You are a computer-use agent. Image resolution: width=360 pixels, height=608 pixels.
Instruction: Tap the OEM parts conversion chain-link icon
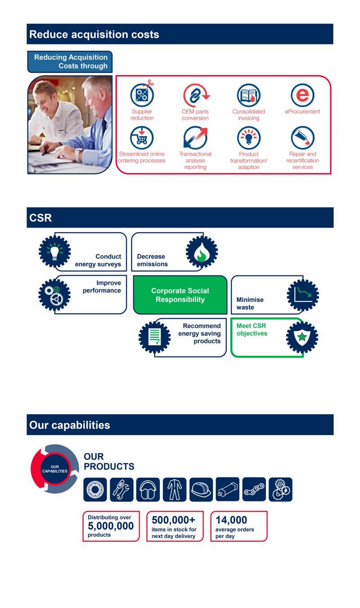click(195, 95)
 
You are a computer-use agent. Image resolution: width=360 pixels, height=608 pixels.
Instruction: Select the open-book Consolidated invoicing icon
click(248, 95)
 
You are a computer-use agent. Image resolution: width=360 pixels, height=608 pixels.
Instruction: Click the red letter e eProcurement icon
click(302, 95)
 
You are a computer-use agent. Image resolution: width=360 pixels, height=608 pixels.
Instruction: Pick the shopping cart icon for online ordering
click(142, 138)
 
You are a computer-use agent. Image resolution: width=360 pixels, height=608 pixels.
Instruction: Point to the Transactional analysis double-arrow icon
click(195, 138)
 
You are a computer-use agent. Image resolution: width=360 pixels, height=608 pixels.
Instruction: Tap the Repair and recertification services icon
click(303, 138)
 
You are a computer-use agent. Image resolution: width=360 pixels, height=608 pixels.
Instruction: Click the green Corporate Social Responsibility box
click(180, 295)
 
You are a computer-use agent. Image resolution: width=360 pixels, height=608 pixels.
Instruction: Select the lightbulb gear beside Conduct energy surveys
click(55, 252)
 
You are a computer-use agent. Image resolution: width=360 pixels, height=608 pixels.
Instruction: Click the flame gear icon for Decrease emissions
click(202, 252)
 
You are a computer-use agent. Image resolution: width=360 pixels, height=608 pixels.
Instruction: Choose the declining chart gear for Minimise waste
click(303, 295)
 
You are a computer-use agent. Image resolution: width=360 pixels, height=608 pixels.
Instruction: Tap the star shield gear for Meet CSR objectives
click(302, 337)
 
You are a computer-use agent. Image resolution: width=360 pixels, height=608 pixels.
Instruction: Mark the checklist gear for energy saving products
click(154, 337)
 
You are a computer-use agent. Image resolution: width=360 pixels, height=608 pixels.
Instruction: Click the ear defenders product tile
click(148, 489)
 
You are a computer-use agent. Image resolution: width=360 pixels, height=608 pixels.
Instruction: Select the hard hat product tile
click(201, 489)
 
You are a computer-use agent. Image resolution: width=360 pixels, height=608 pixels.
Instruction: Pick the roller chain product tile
click(254, 489)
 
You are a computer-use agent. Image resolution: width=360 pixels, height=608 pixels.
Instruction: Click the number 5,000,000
click(111, 526)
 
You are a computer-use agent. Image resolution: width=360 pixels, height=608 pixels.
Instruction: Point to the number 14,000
click(231, 520)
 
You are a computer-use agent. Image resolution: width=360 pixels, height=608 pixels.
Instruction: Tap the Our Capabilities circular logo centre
click(54, 469)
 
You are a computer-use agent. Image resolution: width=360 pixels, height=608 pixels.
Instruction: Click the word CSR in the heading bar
click(40, 218)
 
